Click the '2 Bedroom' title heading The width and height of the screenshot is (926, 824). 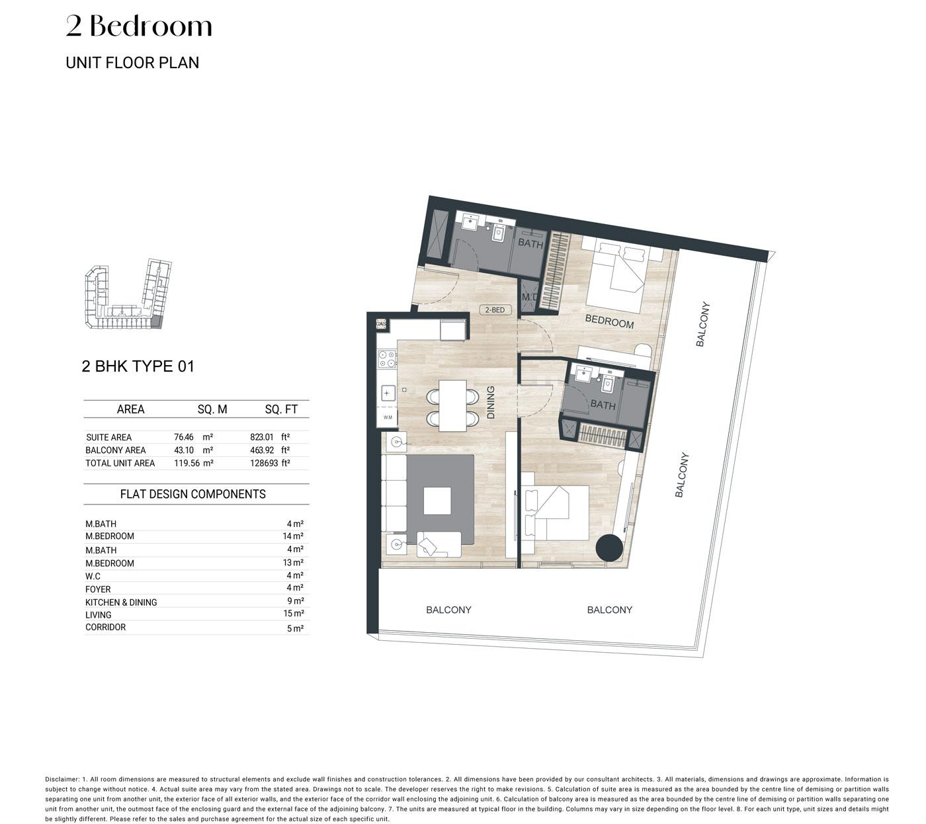[x=139, y=26]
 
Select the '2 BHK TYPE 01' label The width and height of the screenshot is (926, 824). [x=138, y=366]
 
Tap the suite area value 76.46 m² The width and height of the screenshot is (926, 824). [x=193, y=437]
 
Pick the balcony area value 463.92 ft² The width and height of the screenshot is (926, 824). [x=270, y=450]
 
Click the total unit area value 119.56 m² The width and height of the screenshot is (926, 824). [x=193, y=463]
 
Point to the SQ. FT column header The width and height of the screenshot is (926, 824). [x=281, y=409]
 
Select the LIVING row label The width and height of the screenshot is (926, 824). [x=99, y=614]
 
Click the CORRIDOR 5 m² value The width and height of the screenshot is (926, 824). [x=295, y=628]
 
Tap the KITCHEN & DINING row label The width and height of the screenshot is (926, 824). [x=121, y=602]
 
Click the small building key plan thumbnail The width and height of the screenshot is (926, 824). [x=128, y=294]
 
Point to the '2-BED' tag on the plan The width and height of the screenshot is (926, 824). [x=495, y=310]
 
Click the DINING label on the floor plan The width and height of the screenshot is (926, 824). [x=491, y=402]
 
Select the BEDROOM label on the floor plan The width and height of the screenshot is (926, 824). [x=609, y=321]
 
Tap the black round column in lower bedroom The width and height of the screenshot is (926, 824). [x=609, y=547]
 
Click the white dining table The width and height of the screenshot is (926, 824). [x=452, y=406]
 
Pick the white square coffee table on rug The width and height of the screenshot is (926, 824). [x=437, y=501]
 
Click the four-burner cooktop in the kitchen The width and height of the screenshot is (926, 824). [x=387, y=358]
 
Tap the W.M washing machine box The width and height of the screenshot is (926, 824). [x=388, y=417]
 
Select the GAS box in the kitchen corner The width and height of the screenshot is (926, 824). [x=381, y=324]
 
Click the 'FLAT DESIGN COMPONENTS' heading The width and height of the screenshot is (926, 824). [x=193, y=494]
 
